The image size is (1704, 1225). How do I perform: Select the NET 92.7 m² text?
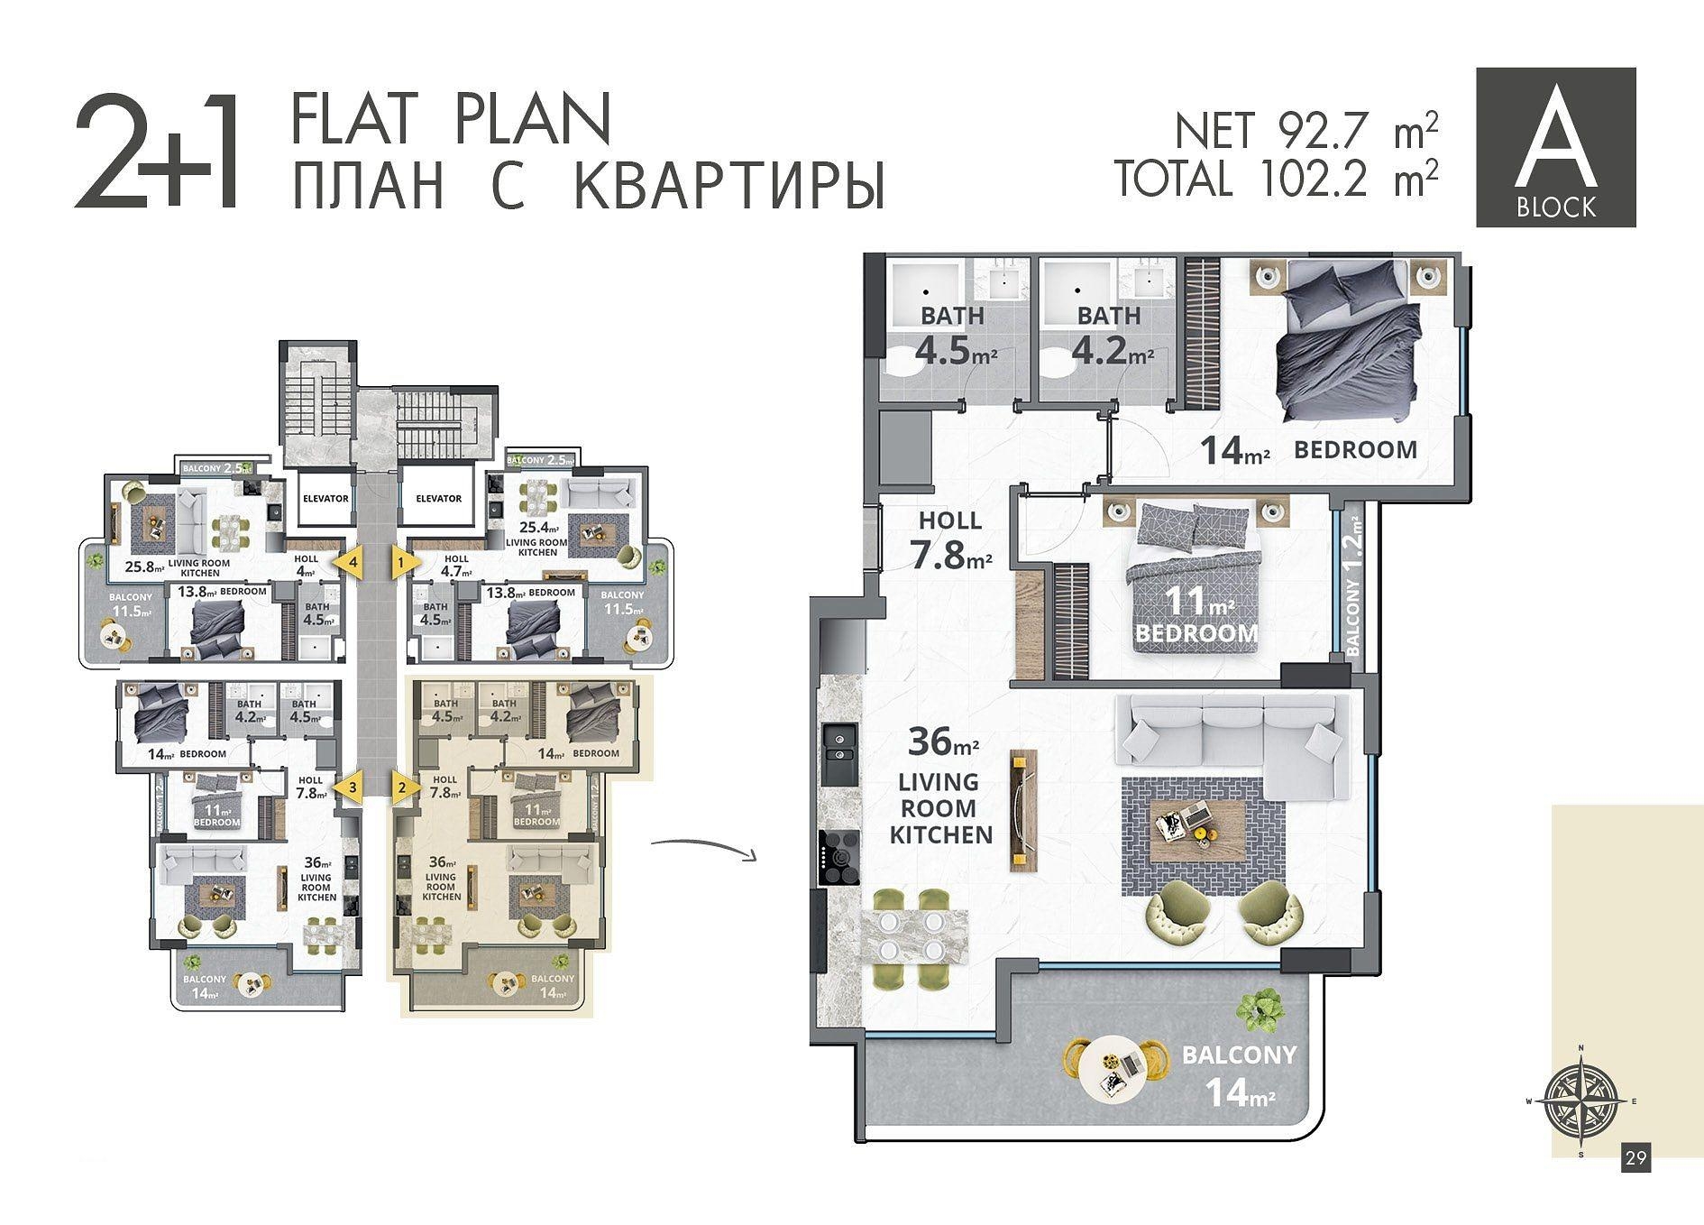(x=1305, y=132)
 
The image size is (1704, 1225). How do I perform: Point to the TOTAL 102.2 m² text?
(x=1276, y=178)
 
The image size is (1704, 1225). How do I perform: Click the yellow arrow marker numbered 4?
(x=348, y=562)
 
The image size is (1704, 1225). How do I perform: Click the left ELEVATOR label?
(x=325, y=498)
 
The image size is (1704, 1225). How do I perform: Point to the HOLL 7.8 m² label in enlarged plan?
(x=950, y=541)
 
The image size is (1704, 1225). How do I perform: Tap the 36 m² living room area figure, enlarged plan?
(x=943, y=742)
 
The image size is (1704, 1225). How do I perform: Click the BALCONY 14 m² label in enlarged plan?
(x=1240, y=1074)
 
